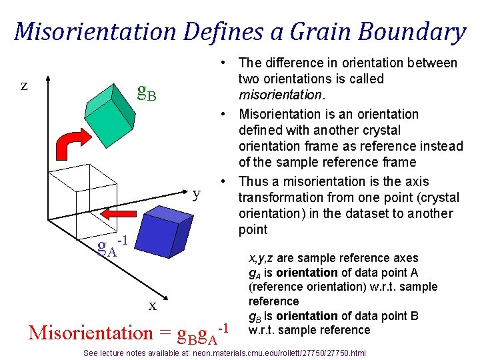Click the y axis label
[197, 194]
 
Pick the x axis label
[153, 305]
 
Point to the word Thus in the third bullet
[254, 181]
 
